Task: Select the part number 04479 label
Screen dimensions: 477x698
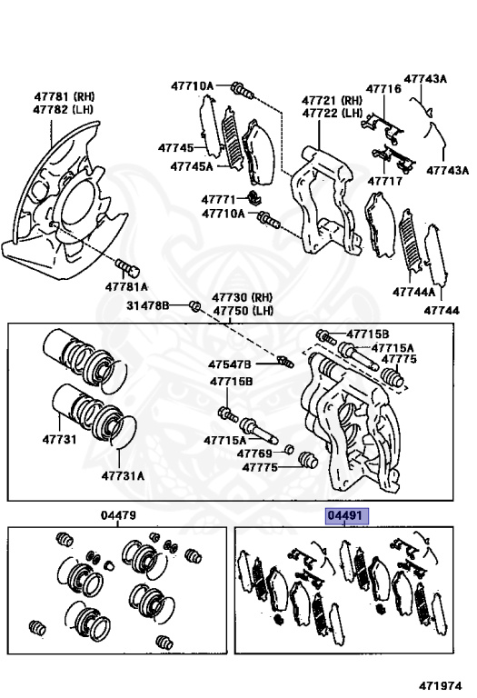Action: coord(118,515)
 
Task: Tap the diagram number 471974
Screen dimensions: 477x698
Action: coord(441,685)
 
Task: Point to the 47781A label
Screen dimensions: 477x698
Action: coord(126,286)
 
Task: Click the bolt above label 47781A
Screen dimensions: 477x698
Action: coord(128,267)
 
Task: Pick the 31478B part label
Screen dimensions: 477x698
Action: coord(148,305)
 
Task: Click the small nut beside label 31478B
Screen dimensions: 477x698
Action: coord(194,305)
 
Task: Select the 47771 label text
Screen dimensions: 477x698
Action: coord(218,199)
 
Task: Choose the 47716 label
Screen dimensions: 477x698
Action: coord(383,88)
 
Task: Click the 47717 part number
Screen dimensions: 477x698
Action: coord(384,181)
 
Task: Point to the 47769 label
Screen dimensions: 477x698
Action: coord(254,454)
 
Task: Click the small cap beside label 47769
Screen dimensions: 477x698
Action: coord(289,449)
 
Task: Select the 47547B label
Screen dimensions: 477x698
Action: coord(230,364)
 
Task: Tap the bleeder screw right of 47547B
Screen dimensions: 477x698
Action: coord(284,362)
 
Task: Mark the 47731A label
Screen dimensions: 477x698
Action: coord(123,476)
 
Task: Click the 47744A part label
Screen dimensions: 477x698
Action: coord(413,292)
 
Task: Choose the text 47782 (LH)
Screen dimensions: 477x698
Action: coord(63,109)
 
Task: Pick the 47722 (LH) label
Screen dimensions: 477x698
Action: coord(333,113)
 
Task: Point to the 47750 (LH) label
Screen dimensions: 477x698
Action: coord(243,310)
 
